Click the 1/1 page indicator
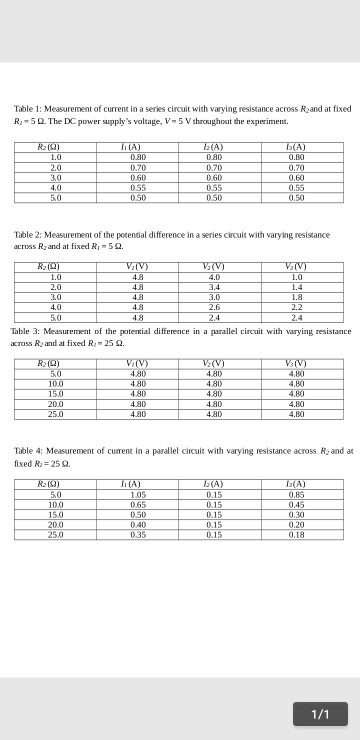click(x=320, y=714)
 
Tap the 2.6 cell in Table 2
click(x=214, y=307)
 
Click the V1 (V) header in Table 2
click(x=138, y=266)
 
